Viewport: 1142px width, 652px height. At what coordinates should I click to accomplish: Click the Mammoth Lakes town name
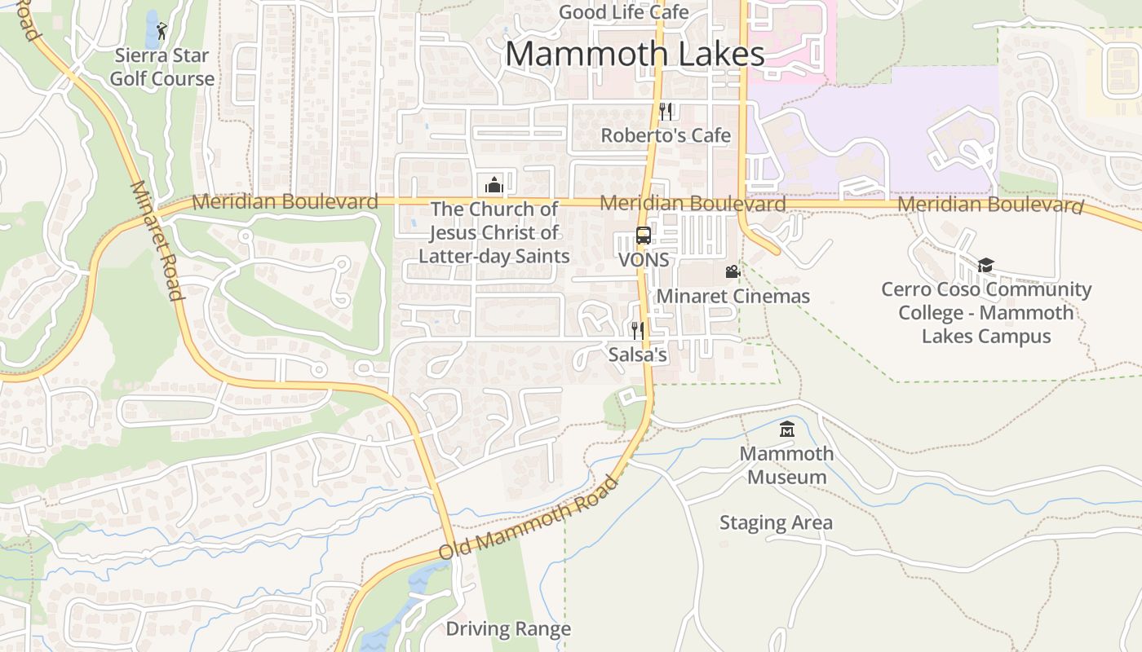pos(635,55)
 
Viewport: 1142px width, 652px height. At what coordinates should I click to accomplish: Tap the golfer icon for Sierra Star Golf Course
pos(162,31)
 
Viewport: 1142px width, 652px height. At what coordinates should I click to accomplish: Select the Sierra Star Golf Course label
pos(162,68)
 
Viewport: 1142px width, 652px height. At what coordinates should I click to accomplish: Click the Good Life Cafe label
pos(624,12)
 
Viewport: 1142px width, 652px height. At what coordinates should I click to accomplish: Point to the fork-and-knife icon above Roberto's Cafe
pos(666,112)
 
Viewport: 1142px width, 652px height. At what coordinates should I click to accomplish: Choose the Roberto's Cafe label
pos(666,135)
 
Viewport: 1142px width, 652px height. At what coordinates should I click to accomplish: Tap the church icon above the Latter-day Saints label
pos(494,184)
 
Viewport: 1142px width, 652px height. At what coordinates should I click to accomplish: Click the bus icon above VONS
pos(644,236)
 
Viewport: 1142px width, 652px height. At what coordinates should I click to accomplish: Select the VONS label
pos(644,260)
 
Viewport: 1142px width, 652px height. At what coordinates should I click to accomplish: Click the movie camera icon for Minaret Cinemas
pos(733,272)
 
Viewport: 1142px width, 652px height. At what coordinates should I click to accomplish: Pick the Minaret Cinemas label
pos(733,296)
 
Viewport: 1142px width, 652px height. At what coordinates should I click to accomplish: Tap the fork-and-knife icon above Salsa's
pos(638,331)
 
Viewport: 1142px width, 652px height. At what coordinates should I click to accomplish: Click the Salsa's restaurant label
pos(638,355)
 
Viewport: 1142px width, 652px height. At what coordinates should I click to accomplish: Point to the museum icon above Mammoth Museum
pos(787,429)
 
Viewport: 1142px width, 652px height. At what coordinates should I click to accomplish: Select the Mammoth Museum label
pos(787,465)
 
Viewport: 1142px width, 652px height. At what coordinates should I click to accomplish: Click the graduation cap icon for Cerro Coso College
pos(986,265)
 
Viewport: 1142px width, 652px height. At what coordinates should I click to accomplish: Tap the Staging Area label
pos(776,522)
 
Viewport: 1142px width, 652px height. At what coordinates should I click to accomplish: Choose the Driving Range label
pos(508,629)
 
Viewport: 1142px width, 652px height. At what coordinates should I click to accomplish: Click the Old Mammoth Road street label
pos(529,518)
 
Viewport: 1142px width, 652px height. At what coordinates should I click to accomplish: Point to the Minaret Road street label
pos(155,240)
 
